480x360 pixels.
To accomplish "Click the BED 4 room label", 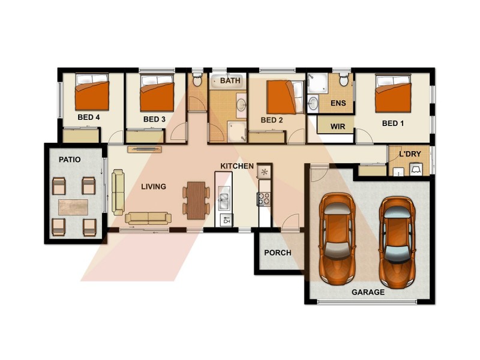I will pyautogui.click(x=88, y=118).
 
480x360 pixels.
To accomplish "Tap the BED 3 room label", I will pyautogui.click(x=154, y=119).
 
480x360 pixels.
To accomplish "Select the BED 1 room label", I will pyautogui.click(x=393, y=123).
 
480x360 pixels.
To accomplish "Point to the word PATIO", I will pyautogui.click(x=70, y=160).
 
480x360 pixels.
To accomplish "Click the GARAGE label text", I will pyautogui.click(x=368, y=292).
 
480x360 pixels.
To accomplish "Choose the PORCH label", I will pyautogui.click(x=278, y=253).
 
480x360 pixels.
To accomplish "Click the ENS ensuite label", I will pyautogui.click(x=338, y=103).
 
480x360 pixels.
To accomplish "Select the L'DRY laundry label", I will pyautogui.click(x=410, y=154).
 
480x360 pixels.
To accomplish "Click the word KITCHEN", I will pyautogui.click(x=237, y=166).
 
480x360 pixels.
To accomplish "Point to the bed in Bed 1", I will pyautogui.click(x=393, y=94).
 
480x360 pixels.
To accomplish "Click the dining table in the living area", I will pyautogui.click(x=196, y=200).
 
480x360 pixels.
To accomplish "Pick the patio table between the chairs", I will pyautogui.click(x=73, y=207).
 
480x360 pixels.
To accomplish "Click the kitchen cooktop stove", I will pyautogui.click(x=264, y=199).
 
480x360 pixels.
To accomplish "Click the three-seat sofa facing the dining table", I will pyautogui.click(x=148, y=218).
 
